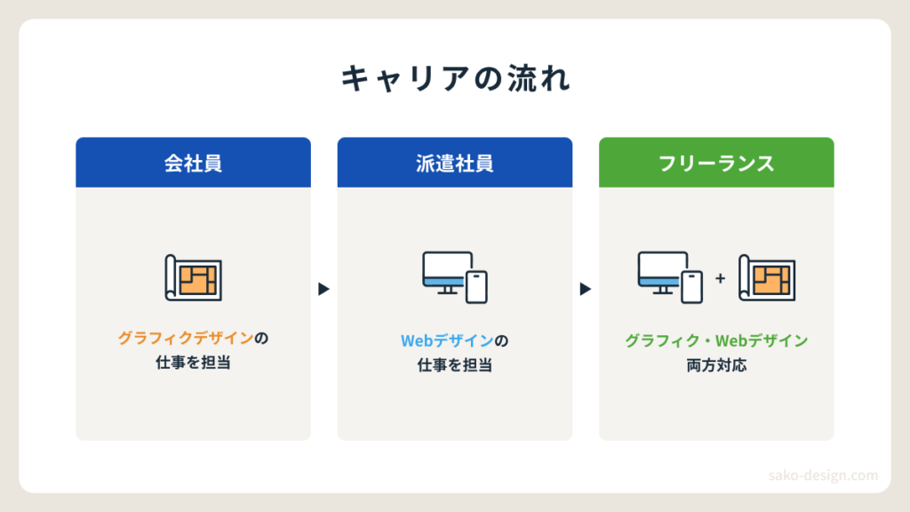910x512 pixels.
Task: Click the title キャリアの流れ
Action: click(455, 78)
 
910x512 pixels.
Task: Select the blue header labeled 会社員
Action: click(193, 163)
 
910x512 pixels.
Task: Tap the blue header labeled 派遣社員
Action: click(455, 163)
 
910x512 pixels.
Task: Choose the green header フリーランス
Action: click(717, 163)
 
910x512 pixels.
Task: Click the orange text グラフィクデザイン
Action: click(186, 338)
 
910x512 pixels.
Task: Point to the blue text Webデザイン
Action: click(447, 340)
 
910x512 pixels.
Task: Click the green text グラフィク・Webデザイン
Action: click(717, 340)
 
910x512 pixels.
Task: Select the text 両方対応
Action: click(717, 365)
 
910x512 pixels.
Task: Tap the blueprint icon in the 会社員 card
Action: click(193, 278)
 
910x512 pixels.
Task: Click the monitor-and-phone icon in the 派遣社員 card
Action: click(455, 277)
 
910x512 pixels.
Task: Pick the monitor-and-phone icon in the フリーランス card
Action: click(670, 277)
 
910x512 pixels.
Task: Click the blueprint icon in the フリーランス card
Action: click(767, 278)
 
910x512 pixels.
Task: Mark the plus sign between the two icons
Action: click(720, 278)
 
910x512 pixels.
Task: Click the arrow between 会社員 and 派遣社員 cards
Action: click(323, 289)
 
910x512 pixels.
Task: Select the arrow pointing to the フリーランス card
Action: click(586, 289)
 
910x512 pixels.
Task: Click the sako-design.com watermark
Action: click(823, 476)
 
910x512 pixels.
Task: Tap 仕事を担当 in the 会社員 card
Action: click(193, 363)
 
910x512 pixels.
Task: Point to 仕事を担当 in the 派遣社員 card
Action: click(455, 365)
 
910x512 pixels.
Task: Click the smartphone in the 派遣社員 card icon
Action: click(476, 287)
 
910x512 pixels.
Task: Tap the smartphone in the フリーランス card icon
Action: click(691, 287)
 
